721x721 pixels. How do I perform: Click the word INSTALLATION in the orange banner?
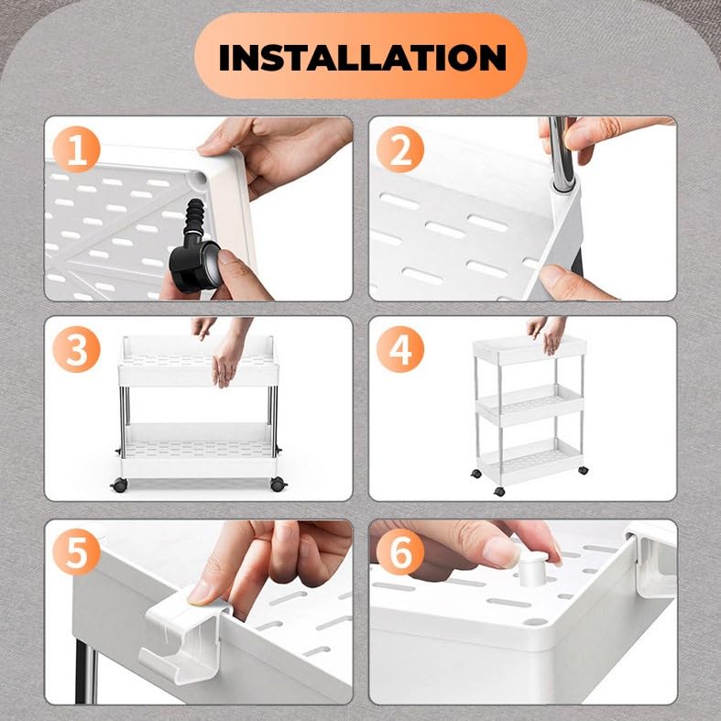coord(363,58)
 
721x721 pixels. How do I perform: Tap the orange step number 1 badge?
coord(76,149)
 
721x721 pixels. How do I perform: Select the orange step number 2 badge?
coord(400,149)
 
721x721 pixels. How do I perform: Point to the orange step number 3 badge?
coord(76,349)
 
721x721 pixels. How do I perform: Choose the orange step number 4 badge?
coord(400,349)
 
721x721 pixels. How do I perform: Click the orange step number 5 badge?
coord(76,552)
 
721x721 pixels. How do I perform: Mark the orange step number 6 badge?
coord(400,552)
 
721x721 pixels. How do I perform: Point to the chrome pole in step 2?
coord(563,154)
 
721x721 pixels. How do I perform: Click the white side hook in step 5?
coord(186,637)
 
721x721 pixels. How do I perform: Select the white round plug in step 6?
coord(533,568)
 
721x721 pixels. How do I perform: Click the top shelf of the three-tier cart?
coord(530,349)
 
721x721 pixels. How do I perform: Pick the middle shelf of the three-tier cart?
coord(530,405)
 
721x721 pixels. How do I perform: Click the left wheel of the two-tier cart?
coord(119,485)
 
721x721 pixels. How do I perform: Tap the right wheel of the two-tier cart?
coord(279,484)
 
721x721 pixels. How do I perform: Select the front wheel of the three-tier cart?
coord(499,491)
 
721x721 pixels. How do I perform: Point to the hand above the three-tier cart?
coord(548,333)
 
